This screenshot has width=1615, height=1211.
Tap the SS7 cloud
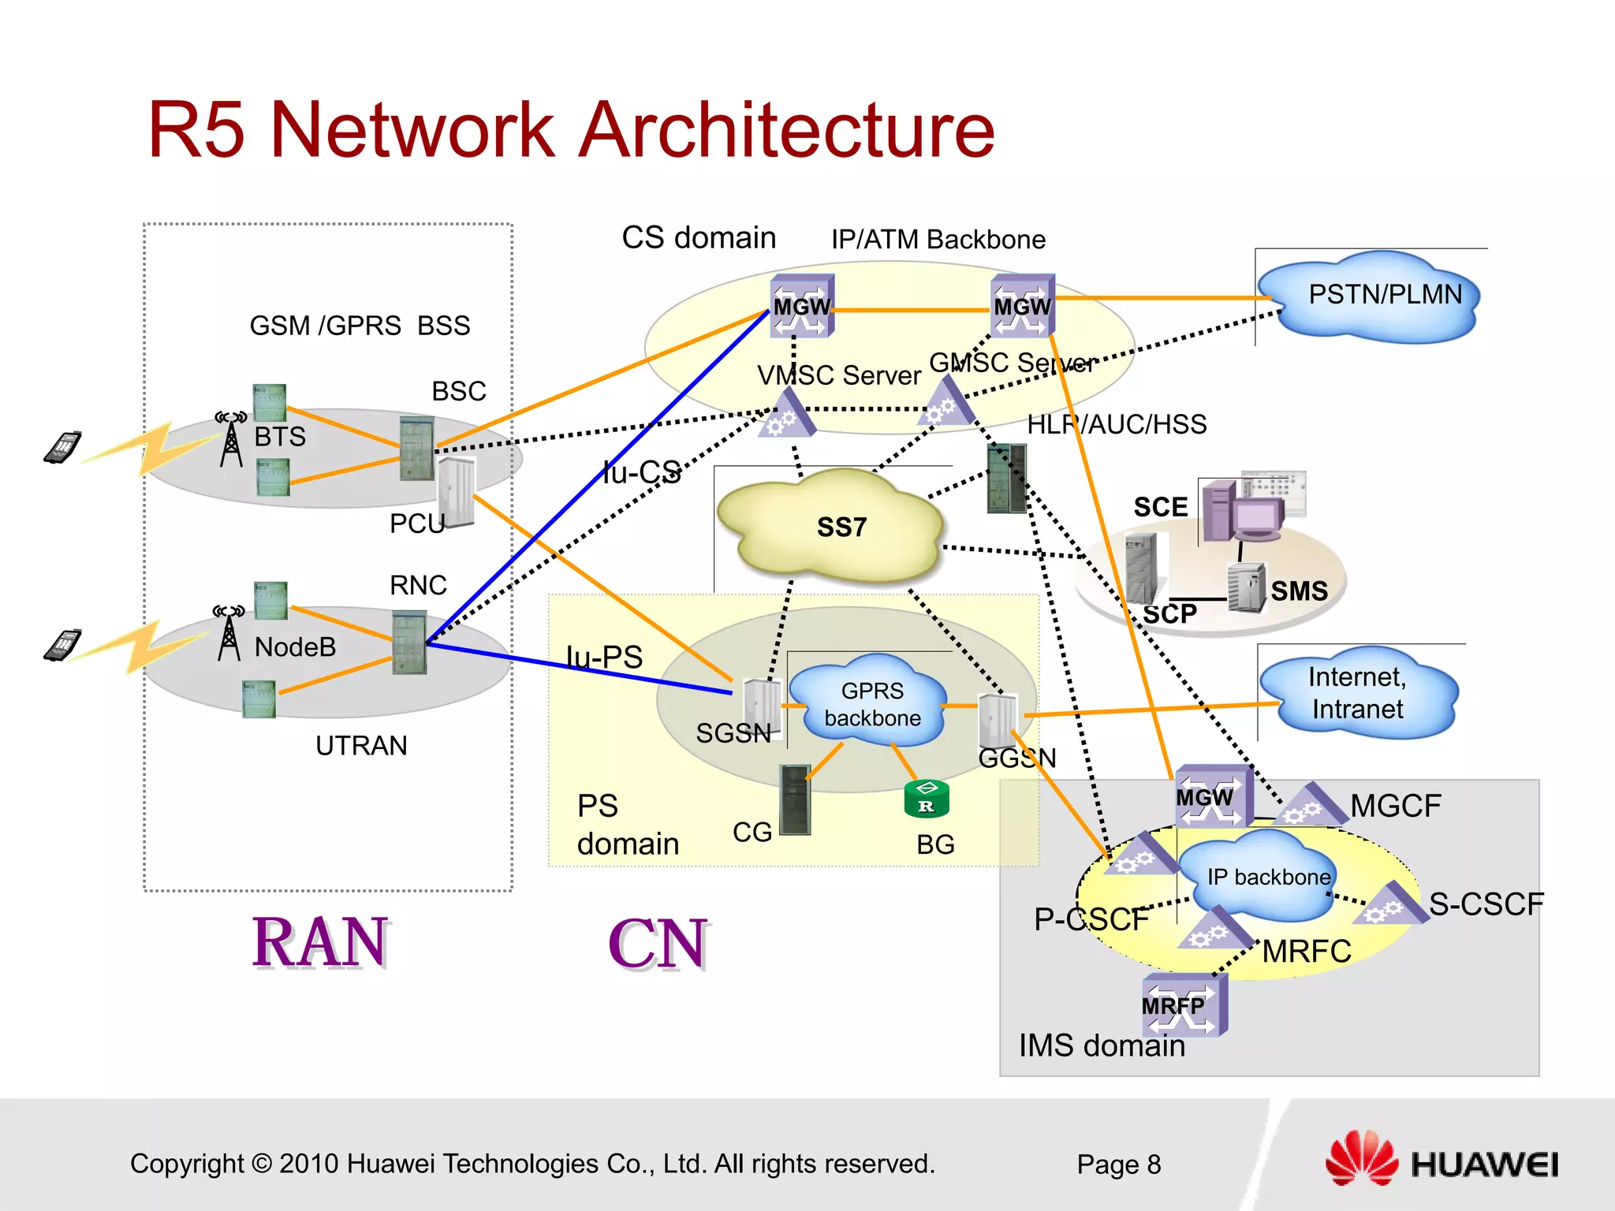(x=832, y=527)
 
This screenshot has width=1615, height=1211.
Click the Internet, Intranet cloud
(x=1357, y=693)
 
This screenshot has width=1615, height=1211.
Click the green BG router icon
(x=927, y=799)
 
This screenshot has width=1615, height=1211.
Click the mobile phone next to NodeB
(x=63, y=645)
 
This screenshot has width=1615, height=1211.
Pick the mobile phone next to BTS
(x=63, y=447)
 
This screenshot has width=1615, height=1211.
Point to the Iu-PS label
(x=604, y=657)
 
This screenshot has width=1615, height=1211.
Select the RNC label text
(x=418, y=585)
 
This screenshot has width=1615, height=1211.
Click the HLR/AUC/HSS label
(x=1116, y=424)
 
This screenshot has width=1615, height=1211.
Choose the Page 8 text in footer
(x=1118, y=1164)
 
